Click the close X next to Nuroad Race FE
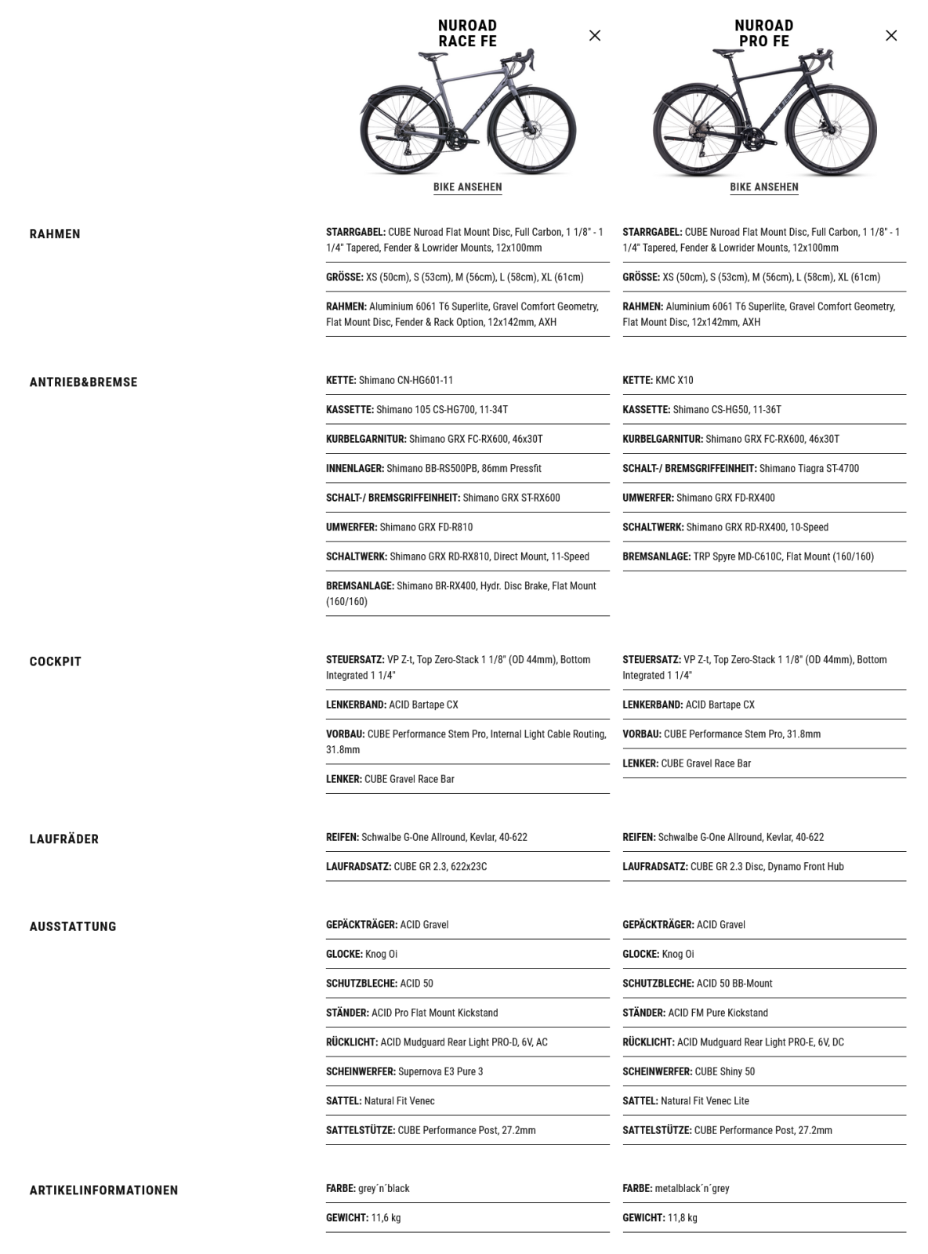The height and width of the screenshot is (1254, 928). [595, 35]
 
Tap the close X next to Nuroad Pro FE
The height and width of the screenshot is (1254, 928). [891, 35]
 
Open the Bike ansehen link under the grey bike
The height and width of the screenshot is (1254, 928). [468, 187]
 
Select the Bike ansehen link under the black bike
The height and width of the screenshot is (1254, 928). [764, 187]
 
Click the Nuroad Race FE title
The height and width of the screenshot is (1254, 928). [467, 34]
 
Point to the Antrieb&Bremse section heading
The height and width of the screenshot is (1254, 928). [83, 382]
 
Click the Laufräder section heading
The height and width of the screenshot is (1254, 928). [64, 839]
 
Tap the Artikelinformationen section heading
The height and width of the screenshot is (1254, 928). [103, 1191]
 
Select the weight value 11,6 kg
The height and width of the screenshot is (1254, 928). [385, 1218]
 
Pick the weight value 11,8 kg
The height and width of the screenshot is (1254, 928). [682, 1218]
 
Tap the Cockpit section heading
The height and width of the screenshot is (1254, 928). [56, 661]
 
